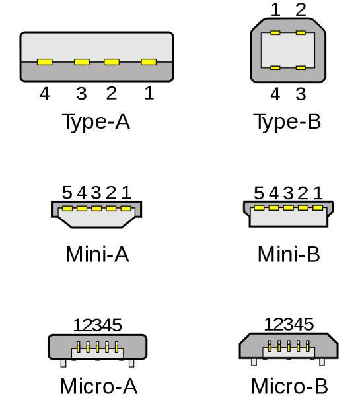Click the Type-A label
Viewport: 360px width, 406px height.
coord(96,121)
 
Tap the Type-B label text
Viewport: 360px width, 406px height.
coord(287,121)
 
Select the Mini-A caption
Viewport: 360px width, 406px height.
coord(97,254)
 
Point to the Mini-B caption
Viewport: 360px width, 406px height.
coord(289,254)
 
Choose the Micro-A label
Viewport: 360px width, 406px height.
coord(98,386)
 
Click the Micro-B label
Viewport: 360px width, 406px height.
coord(289,386)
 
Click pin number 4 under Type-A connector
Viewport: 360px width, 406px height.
coord(44,94)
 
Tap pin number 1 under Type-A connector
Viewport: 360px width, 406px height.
coord(149,93)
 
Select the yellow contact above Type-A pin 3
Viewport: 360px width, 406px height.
coord(82,62)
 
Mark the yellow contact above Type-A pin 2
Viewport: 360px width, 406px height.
coord(112,62)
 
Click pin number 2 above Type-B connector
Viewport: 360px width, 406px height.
coord(301,10)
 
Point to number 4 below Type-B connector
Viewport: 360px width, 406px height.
coord(275,94)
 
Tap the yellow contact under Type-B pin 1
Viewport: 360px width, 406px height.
coord(275,33)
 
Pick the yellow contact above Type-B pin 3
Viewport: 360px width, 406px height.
coord(301,68)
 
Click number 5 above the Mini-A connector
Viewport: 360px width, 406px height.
coord(67,193)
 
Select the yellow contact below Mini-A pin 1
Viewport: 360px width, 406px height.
coord(126,209)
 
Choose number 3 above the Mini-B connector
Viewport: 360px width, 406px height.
coord(288,193)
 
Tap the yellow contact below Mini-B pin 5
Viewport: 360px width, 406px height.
coord(259,208)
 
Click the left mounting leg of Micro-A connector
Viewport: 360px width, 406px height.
coord(63,364)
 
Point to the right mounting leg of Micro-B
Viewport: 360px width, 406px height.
coord(322,362)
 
